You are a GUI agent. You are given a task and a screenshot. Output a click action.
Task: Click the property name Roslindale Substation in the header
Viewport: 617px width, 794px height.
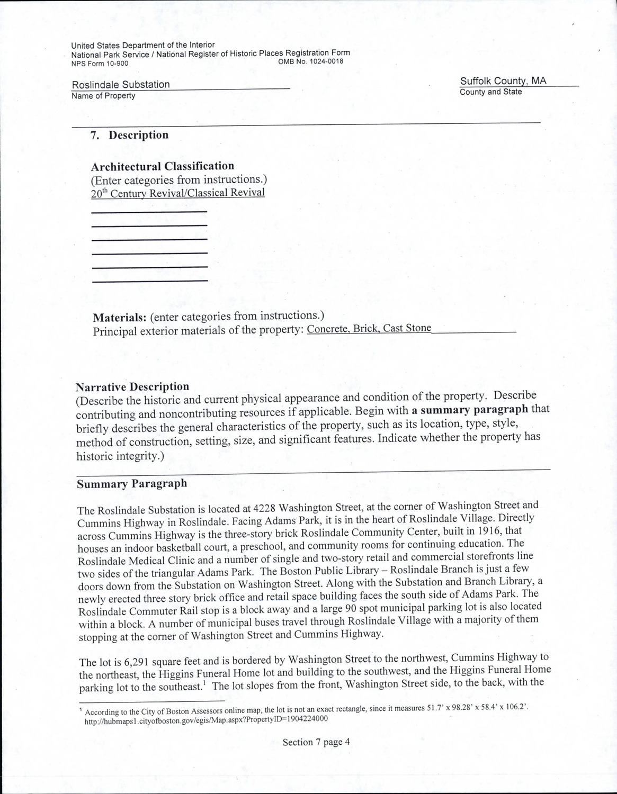[121, 85]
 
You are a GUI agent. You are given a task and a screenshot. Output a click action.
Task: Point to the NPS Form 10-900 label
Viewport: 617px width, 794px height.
[100, 64]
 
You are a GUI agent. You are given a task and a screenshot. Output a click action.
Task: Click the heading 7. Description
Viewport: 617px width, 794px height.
[129, 135]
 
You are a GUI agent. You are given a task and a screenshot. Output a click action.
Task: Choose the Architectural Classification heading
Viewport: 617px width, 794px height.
[163, 166]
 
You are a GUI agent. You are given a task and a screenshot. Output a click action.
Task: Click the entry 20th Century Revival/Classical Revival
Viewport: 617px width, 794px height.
[178, 193]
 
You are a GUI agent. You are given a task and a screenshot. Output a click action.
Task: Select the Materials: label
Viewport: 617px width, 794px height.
[120, 318]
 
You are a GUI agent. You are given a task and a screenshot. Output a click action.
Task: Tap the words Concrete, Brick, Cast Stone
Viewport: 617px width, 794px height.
[369, 329]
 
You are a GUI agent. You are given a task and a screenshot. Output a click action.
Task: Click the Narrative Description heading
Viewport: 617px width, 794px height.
[132, 387]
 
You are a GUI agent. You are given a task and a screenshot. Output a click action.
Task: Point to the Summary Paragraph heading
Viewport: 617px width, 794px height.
[132, 484]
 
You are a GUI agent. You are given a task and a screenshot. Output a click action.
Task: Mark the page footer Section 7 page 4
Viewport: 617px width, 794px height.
[316, 742]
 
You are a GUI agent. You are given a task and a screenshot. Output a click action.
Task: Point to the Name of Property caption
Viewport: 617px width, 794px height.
[103, 96]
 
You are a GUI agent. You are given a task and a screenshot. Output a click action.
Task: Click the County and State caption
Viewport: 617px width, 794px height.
[490, 92]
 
